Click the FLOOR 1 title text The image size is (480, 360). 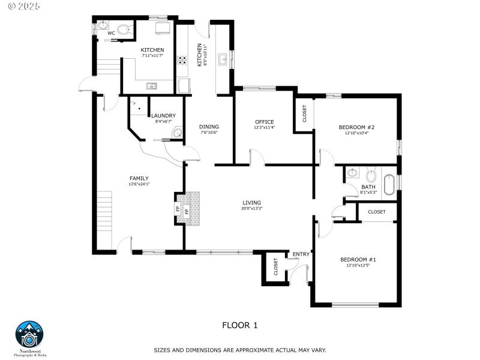click(x=240, y=325)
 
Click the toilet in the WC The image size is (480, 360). click(x=124, y=29)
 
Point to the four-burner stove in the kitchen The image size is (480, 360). click(x=181, y=60)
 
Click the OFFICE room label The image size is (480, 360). click(x=264, y=122)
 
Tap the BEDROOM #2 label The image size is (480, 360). click(x=356, y=127)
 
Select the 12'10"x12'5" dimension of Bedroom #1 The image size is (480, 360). click(x=358, y=265)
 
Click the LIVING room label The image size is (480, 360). click(x=252, y=202)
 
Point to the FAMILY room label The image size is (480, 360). click(x=139, y=178)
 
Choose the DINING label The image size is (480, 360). click(x=209, y=127)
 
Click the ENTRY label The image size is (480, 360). click(x=301, y=254)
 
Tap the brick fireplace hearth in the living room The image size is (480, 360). click(x=193, y=209)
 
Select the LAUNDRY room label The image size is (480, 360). click(x=163, y=116)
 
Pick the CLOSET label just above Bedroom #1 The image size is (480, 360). click(x=377, y=212)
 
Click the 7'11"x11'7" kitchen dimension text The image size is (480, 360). click(x=152, y=56)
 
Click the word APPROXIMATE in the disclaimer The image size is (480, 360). click(x=241, y=350)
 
